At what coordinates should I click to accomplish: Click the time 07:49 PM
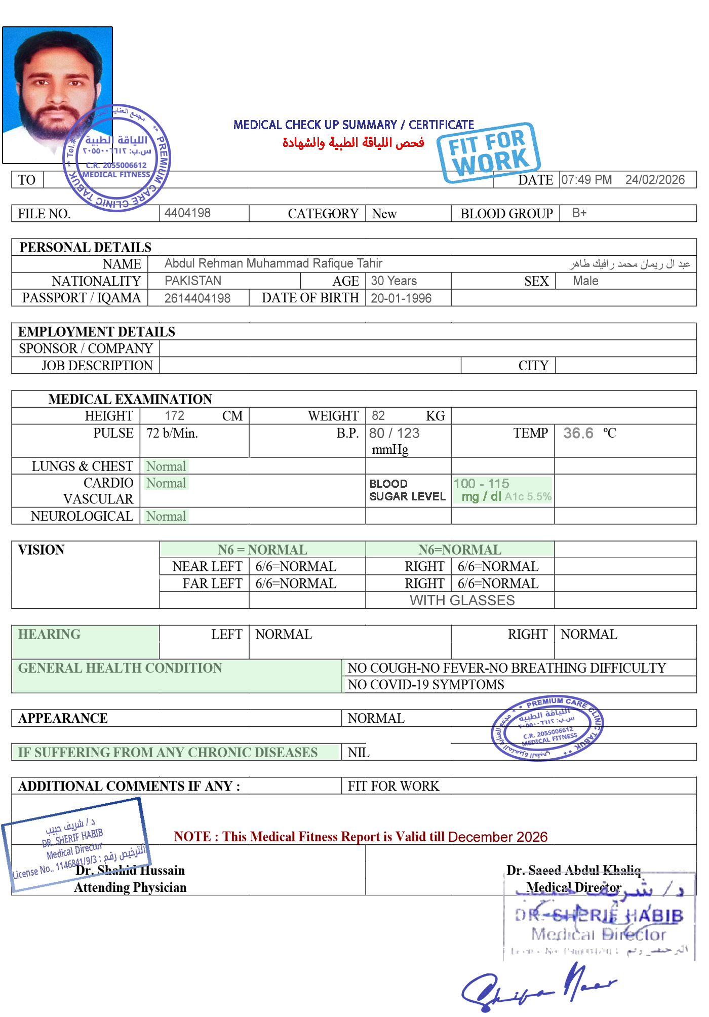[586, 180]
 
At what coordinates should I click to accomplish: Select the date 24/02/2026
[655, 180]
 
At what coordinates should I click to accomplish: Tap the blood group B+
[579, 213]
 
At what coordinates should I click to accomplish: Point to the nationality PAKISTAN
[193, 281]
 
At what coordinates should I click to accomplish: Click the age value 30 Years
[393, 281]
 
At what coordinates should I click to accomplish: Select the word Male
[585, 281]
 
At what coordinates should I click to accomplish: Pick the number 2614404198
[198, 298]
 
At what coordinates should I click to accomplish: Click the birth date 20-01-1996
[401, 298]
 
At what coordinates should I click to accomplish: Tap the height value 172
[174, 415]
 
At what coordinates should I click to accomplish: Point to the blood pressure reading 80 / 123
[395, 434]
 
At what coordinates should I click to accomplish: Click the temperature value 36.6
[578, 434]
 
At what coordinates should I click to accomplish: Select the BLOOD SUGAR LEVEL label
[407, 490]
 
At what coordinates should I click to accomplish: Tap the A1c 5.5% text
[528, 497]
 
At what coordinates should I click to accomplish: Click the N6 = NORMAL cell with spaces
[262, 550]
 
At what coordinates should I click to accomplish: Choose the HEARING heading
[49, 634]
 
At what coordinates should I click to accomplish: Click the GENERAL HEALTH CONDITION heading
[120, 668]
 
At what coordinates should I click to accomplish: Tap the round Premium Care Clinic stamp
[547, 727]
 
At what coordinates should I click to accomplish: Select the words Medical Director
[573, 887]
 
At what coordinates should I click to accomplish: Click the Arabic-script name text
[629, 264]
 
